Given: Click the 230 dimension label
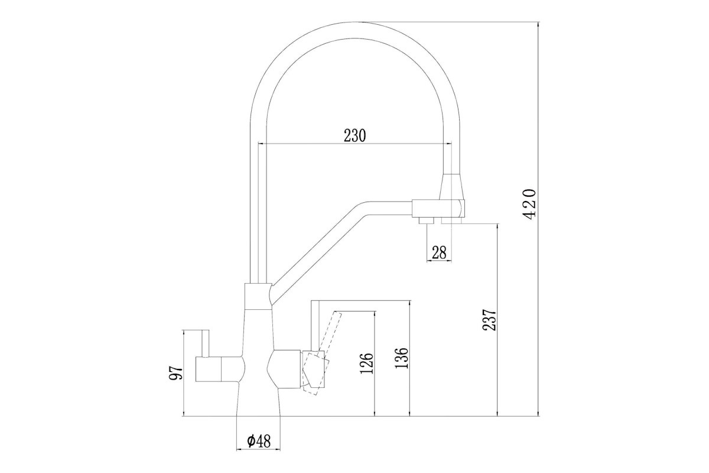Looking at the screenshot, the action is coord(355,135).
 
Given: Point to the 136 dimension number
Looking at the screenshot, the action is coord(402,358).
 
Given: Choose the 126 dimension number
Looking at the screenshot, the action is coord(367,363).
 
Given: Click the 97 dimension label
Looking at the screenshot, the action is coord(175,373).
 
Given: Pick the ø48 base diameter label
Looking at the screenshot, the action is coord(259,441).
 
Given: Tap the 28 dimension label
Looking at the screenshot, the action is coord(439,252).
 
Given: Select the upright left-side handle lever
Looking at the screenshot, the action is coord(206,344).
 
